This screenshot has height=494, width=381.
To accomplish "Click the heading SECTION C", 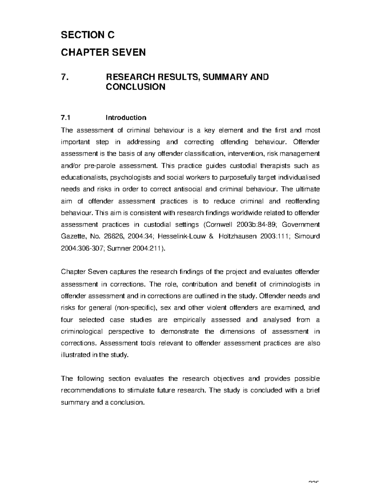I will pos(87,35).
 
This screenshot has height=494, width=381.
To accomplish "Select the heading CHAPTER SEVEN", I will pos(103,52).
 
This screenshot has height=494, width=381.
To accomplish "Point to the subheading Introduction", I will pos(126,118).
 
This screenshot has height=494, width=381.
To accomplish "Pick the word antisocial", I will pos(189,189).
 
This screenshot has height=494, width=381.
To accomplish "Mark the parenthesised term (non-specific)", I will pos(136,308).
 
